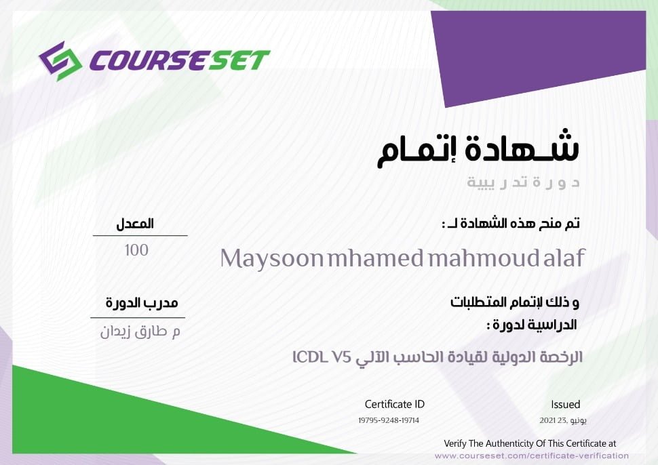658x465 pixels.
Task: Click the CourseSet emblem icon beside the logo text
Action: [60, 61]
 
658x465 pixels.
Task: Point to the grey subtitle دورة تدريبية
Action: [523, 182]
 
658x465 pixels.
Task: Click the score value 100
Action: [136, 250]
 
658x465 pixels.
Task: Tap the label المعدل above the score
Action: [135, 224]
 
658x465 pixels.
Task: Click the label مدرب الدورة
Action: [142, 303]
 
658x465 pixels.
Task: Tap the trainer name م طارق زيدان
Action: [140, 331]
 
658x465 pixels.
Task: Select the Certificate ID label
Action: [395, 404]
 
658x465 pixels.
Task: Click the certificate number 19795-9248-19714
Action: [389, 420]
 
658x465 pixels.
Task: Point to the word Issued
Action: [566, 405]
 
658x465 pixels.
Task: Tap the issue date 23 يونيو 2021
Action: [563, 420]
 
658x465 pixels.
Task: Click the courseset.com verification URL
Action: [532, 456]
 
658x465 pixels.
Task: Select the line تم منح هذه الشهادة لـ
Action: [511, 223]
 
